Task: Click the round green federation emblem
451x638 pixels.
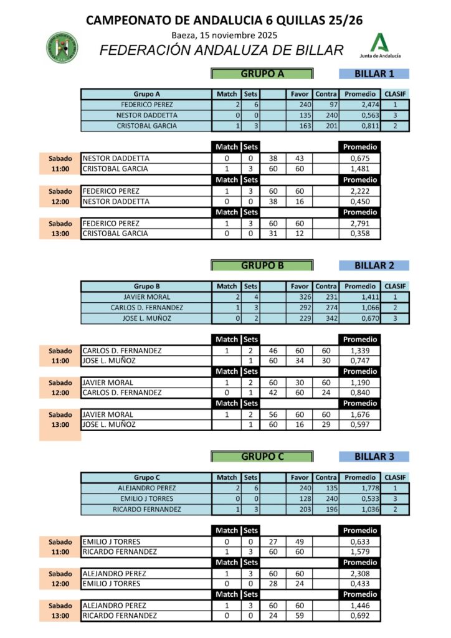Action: [x=63, y=47]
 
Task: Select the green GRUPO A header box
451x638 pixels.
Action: [x=262, y=74]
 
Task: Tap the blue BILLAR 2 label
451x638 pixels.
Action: [x=374, y=265]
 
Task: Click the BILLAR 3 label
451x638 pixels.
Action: [x=374, y=456]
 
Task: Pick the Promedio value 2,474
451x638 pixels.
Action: [x=360, y=105]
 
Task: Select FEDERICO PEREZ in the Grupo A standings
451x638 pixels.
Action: [x=146, y=105]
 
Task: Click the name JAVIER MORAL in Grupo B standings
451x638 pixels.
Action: [x=146, y=297]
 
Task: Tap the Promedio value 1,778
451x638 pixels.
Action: [x=360, y=488]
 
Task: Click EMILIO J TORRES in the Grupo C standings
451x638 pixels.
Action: [x=146, y=499]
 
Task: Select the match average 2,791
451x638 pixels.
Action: [x=360, y=223]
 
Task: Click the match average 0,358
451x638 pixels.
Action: [x=360, y=234]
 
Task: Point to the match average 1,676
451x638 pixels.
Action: [x=360, y=414]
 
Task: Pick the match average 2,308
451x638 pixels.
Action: [x=360, y=573]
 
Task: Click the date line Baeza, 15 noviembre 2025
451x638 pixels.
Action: [x=225, y=35]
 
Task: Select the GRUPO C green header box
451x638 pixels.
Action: [x=262, y=456]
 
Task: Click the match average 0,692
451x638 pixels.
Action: [x=360, y=616]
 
